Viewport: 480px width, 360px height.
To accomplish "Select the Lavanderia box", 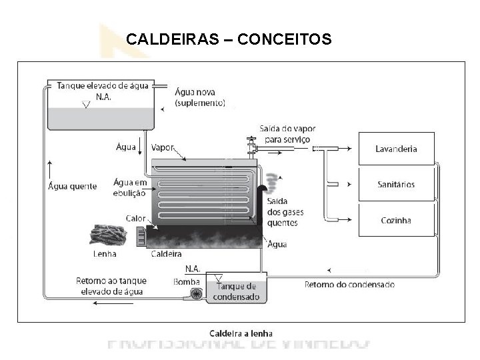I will (x=397, y=149).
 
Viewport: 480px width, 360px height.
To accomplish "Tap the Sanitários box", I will (x=397, y=184).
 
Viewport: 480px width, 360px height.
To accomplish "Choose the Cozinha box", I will (x=397, y=220).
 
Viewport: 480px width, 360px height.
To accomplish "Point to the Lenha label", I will (x=103, y=253).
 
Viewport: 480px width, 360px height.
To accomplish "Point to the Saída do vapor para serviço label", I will (x=287, y=133).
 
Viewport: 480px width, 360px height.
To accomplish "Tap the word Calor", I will (x=136, y=218).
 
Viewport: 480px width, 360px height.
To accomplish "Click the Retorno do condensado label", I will (x=349, y=285).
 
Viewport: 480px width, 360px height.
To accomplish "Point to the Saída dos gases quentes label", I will (x=285, y=212).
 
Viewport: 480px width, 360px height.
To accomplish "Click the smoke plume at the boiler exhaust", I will (x=271, y=181).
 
